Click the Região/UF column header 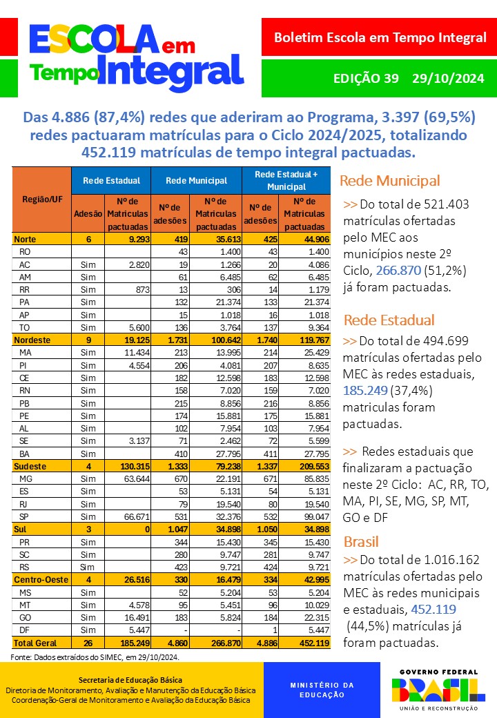click(x=41, y=199)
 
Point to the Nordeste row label click(x=31, y=340)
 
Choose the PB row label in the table click(x=25, y=402)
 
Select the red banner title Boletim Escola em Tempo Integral click(x=380, y=37)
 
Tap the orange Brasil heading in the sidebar click(x=361, y=541)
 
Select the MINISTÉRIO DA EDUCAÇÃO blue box click(x=322, y=690)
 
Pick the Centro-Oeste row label click(x=39, y=580)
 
